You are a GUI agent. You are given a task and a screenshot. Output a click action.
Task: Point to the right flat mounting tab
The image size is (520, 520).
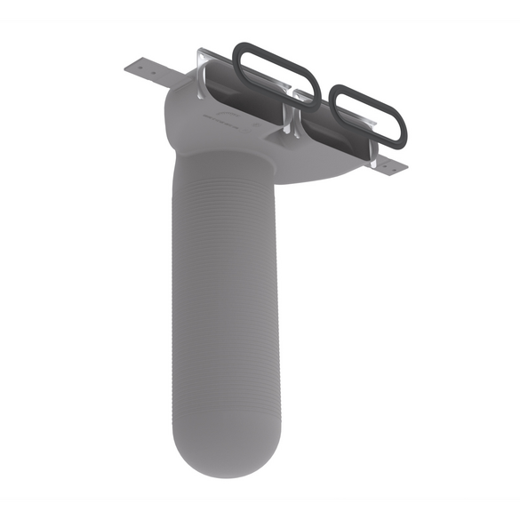391,164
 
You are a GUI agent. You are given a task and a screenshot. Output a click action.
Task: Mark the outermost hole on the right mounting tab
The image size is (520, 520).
399,167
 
